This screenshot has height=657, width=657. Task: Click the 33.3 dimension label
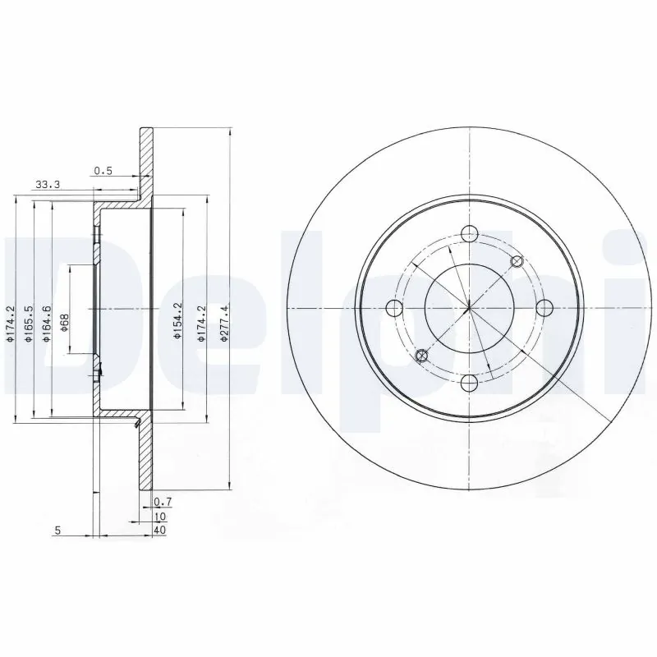pos(48,185)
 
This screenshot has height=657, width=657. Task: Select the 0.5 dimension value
pos(103,171)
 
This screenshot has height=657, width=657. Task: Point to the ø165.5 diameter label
pos(29,323)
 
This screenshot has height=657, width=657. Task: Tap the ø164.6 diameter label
pos(48,323)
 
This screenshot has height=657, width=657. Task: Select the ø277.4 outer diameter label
pos(225,323)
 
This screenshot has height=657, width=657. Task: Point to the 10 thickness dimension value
pos(160,516)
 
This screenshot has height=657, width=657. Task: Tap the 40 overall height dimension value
pos(160,531)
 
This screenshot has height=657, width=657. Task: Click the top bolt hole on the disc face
pos(468,233)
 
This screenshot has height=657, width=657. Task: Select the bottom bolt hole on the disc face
pos(468,383)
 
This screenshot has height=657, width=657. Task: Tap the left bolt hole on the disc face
pos(393,308)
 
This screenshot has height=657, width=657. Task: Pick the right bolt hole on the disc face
pos(543,308)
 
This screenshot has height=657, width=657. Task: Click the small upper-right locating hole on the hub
pos(517,261)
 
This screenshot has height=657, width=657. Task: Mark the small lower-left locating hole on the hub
pos(421,355)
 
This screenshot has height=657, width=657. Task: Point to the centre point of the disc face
pos(468,308)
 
